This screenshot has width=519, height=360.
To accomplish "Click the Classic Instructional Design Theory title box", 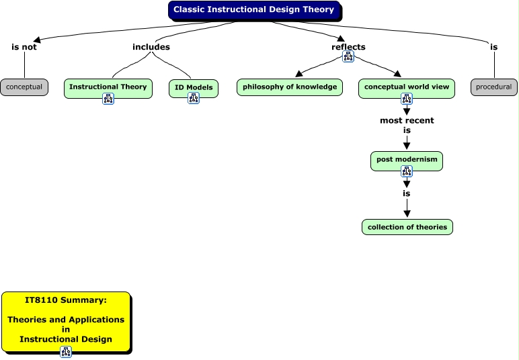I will (x=254, y=10).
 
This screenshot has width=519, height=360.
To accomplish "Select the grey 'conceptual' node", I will (x=24, y=87).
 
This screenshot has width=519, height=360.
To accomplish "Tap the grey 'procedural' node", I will (x=493, y=87).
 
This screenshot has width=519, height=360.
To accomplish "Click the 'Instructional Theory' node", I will (x=108, y=87).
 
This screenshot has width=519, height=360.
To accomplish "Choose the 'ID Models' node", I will (x=194, y=87).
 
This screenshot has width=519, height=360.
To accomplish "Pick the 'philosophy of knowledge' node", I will (x=290, y=87).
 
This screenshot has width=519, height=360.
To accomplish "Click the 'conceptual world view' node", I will (x=407, y=87).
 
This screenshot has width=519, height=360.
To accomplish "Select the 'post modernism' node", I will (x=407, y=160).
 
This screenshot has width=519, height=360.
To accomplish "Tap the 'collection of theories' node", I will (x=407, y=227).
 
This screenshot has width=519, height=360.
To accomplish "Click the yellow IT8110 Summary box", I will (x=67, y=322).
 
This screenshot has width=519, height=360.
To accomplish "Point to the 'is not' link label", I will (x=24, y=47).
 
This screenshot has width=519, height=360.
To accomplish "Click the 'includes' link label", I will (x=151, y=47).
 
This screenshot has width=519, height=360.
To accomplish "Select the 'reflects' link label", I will (x=348, y=47).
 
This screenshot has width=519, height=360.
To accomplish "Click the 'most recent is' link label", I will (x=407, y=125).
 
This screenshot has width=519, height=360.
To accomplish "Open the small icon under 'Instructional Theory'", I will (x=108, y=99).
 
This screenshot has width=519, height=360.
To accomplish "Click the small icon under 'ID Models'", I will (x=194, y=98).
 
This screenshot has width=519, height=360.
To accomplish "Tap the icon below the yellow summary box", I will (x=66, y=352).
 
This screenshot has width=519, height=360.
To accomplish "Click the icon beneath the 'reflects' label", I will (x=348, y=56).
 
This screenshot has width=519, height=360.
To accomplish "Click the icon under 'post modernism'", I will (x=407, y=171).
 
